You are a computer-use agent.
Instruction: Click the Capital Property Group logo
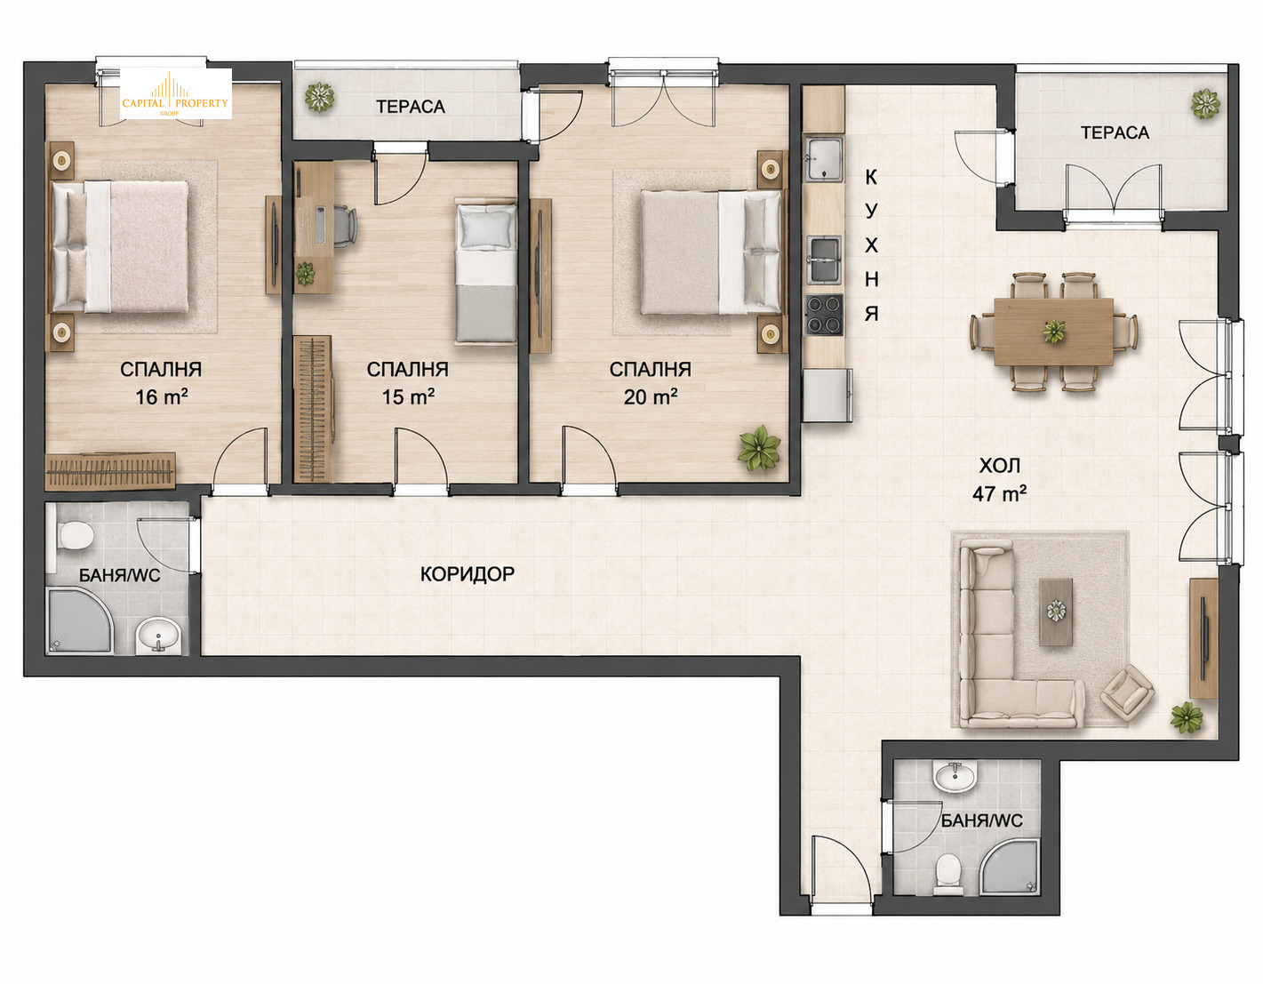[175, 93]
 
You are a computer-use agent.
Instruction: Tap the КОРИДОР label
[468, 574]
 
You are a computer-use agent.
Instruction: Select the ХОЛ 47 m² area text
[999, 479]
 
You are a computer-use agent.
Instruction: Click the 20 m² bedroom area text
[651, 383]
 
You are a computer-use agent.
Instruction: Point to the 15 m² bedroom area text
[407, 383]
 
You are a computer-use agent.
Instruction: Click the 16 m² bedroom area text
[161, 383]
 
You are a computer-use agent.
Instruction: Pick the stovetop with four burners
[824, 315]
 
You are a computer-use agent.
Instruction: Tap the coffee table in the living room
[1056, 612]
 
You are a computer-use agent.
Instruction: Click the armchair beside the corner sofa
[1127, 693]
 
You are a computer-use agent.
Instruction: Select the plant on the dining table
[1054, 332]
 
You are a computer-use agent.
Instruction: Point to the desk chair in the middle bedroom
[345, 226]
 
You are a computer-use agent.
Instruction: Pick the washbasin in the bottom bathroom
[954, 776]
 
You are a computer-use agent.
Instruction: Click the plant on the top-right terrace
[1205, 103]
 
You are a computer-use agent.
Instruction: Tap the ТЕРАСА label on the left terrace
[411, 107]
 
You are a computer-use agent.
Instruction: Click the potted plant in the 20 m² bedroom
[759, 447]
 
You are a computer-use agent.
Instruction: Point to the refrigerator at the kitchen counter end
[827, 396]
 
